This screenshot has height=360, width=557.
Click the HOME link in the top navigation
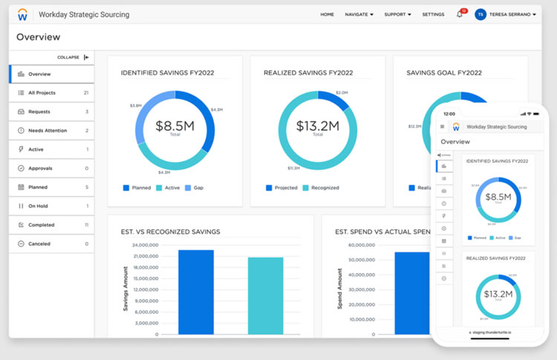click(327, 14)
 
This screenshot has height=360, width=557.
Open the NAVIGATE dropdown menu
click(359, 14)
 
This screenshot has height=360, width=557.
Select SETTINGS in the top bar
click(433, 14)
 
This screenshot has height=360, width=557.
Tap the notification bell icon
click(460, 14)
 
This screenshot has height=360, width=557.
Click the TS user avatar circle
click(481, 14)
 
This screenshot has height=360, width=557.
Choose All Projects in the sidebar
click(42, 93)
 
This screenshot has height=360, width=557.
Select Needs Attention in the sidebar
click(47, 131)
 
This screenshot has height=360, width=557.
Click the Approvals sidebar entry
click(41, 168)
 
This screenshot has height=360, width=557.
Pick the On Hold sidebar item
click(38, 206)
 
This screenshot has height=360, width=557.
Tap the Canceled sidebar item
click(40, 243)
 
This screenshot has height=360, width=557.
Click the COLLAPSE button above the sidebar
click(74, 57)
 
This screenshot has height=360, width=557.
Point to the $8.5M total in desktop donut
click(175, 127)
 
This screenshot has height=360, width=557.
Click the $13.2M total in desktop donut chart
click(318, 127)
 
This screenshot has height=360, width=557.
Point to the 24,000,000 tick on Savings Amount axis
click(145, 245)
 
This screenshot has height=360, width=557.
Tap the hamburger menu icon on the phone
click(443, 127)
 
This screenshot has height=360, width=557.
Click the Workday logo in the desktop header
click(23, 14)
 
